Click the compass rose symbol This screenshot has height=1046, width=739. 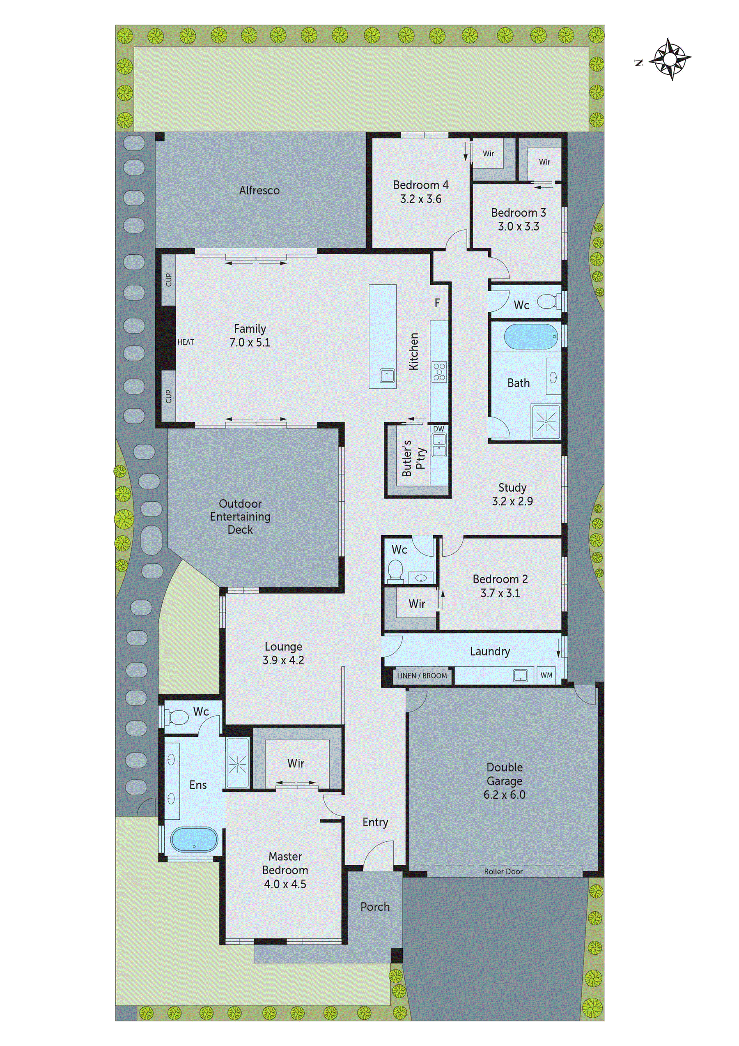[669, 59]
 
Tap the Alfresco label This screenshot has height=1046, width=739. [259, 191]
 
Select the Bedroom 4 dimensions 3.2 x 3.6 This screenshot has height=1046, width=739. [421, 199]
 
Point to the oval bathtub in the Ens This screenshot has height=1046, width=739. [195, 839]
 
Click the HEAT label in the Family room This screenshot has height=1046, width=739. [186, 342]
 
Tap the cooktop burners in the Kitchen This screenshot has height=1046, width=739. [439, 371]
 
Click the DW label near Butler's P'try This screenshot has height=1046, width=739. [438, 429]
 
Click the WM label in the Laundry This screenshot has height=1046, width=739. [546, 675]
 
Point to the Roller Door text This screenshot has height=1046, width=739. [503, 871]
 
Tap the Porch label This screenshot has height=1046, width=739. [375, 907]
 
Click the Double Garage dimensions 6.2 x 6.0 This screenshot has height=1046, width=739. [504, 795]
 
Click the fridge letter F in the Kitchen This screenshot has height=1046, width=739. [437, 304]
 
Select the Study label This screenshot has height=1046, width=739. [512, 488]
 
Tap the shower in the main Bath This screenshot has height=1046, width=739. [546, 422]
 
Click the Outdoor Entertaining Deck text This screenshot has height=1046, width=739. [240, 516]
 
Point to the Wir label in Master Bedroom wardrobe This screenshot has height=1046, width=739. [296, 763]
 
